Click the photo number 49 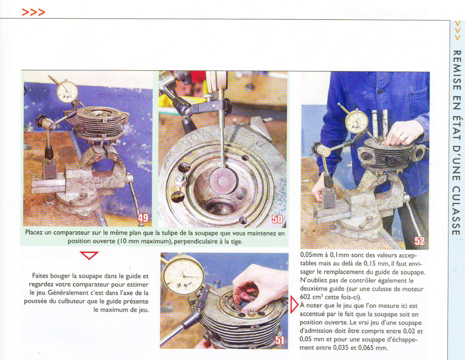(143, 218)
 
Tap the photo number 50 (277, 219)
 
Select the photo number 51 (280, 340)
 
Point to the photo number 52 (420, 241)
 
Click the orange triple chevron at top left (33, 12)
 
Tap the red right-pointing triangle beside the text (294, 304)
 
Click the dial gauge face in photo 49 (68, 92)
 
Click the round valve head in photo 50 (222, 181)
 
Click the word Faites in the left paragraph (41, 276)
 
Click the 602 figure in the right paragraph (305, 297)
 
